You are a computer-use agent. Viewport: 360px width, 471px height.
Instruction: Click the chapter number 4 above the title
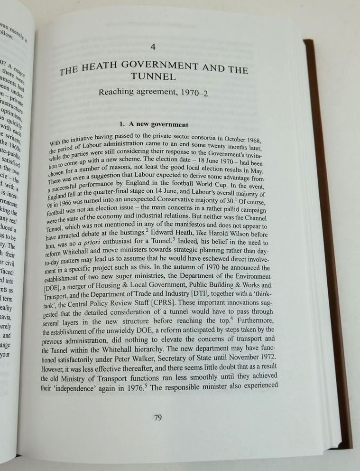click(x=152, y=47)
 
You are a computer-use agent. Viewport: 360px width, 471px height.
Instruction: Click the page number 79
click(x=158, y=418)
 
